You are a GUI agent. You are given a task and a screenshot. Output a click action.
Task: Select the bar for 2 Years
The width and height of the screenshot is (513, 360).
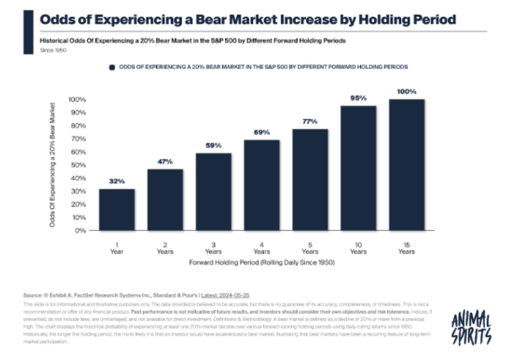166,200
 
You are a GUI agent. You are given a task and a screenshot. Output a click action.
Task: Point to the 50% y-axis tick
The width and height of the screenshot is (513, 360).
76,165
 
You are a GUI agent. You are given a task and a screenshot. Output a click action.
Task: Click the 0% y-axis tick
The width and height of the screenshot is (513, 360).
79,230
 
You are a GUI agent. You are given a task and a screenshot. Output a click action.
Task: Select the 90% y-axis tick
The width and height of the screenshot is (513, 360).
76,113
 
